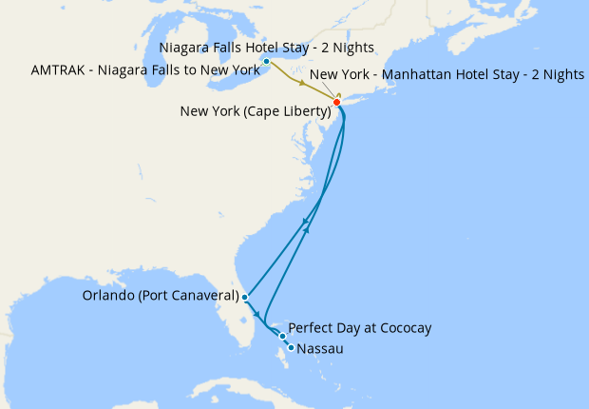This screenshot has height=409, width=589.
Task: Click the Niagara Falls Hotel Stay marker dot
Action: [x=267, y=62]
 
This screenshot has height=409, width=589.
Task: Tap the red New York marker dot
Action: [x=336, y=102]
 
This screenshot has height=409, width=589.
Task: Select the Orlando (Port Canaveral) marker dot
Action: [x=245, y=297]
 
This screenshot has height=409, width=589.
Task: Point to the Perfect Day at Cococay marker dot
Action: [x=283, y=336]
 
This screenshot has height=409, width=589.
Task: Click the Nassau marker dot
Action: [x=291, y=347]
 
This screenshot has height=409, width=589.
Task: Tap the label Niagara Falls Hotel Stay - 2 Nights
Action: [x=267, y=48]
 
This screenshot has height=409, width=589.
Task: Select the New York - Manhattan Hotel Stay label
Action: [x=446, y=74]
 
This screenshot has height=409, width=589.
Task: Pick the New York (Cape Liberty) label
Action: [x=255, y=111]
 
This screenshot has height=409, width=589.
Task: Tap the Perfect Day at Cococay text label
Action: [x=360, y=328]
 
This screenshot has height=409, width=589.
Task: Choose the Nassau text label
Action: [x=319, y=349]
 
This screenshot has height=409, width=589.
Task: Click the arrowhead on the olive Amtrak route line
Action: [x=303, y=85]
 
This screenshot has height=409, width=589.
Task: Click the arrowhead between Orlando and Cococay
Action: [x=258, y=313]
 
